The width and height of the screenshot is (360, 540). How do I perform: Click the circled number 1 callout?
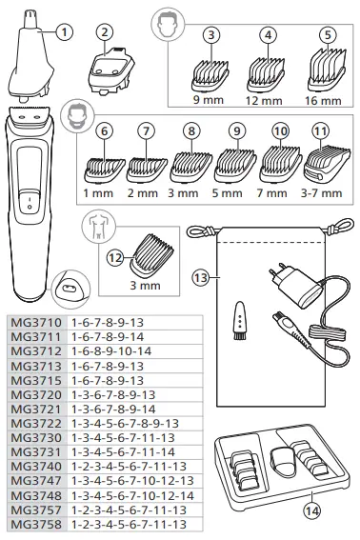click(64, 30)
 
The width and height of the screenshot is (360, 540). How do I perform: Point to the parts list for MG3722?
click(125, 424)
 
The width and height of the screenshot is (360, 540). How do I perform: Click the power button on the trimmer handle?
click(29, 202)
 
